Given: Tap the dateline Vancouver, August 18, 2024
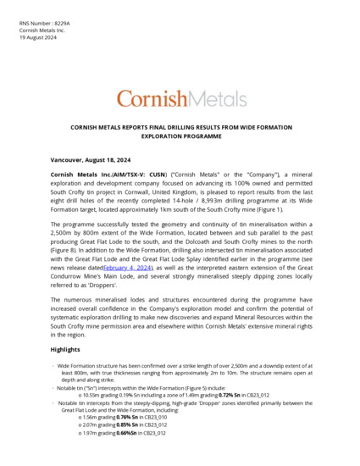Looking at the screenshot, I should point(97,159).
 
